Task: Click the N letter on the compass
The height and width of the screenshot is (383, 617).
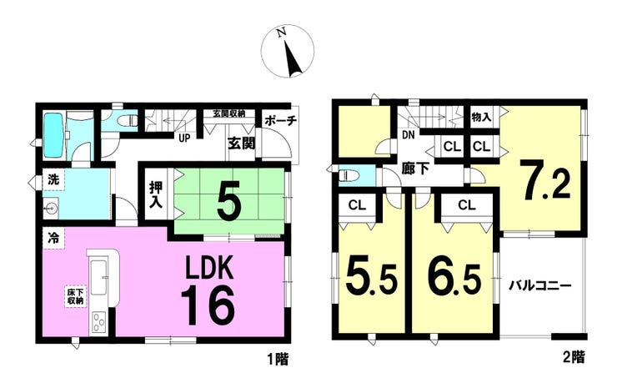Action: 281,33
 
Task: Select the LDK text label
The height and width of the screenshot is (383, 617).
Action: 209,268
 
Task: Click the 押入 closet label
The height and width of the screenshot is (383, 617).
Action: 156,195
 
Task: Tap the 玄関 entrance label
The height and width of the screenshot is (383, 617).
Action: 241,144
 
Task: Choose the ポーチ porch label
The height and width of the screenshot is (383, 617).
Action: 280,121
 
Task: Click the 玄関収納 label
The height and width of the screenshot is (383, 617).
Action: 228,113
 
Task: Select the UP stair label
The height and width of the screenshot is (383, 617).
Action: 184,139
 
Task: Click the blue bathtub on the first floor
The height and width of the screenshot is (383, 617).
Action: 54,135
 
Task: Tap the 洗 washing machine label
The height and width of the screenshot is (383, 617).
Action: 53,180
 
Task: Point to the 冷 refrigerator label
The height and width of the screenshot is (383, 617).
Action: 53,238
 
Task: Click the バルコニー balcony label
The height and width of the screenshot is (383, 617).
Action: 540,285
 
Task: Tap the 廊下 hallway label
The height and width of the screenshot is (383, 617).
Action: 415,169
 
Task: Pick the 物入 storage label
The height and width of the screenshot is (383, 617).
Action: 481,117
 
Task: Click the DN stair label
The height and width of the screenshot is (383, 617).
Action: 409,135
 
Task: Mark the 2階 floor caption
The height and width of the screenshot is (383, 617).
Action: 574,357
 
